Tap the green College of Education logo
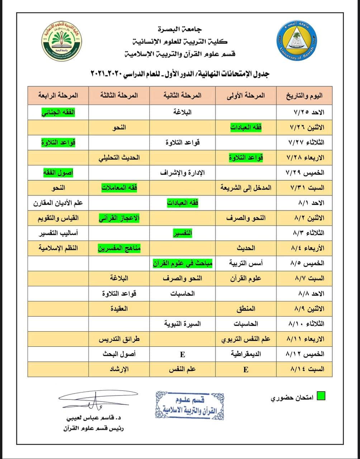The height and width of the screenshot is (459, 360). click(61, 42)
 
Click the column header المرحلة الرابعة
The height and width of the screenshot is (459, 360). click(58, 96)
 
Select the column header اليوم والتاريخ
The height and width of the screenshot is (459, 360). click(304, 96)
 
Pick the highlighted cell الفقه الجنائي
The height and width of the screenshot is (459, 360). click(58, 112)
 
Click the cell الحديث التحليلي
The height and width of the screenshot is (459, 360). click(119, 157)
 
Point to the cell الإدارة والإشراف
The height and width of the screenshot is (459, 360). click(182, 172)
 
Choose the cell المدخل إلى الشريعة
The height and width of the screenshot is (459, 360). click(246, 188)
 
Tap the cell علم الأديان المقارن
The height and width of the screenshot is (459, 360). click(58, 203)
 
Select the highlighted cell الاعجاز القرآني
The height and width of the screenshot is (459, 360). click(119, 218)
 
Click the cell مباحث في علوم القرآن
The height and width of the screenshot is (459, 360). click(182, 263)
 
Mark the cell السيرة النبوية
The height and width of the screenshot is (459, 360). click(182, 324)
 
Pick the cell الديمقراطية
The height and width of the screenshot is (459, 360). click(246, 354)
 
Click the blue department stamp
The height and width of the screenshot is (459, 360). click(190, 405)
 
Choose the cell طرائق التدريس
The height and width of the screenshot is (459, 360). click(119, 339)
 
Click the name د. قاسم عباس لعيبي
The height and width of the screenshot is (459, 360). click(95, 418)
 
